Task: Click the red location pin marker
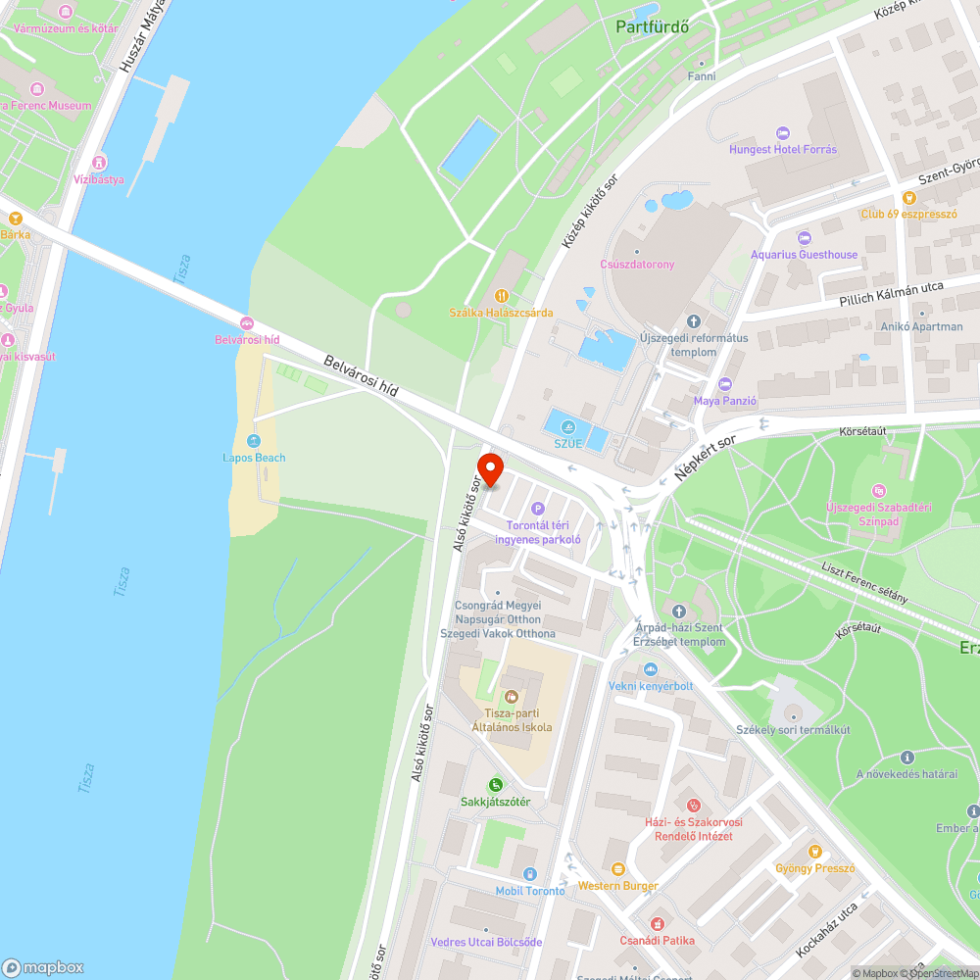490,470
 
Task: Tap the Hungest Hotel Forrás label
783,150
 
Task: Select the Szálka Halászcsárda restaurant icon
501,295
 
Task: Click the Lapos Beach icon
254,441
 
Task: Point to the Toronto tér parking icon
537,509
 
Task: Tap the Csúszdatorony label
637,264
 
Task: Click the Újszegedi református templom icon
694,320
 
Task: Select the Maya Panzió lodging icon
724,383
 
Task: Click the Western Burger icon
617,869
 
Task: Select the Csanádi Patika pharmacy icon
657,923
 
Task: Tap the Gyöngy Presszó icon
814,851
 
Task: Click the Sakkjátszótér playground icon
495,784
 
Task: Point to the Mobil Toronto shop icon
529,873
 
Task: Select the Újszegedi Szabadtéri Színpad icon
877,490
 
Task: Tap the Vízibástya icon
99,162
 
